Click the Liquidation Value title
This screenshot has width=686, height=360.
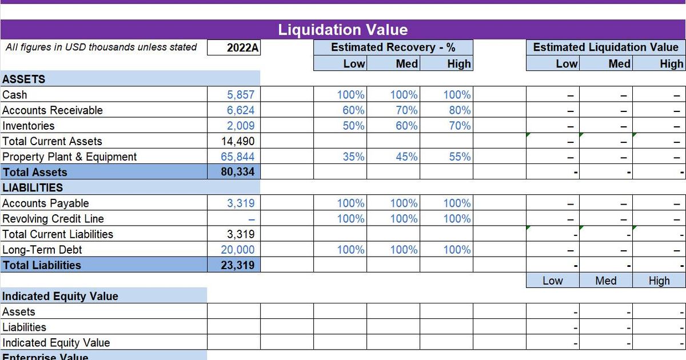(x=343, y=30)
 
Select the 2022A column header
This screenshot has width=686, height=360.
(x=242, y=48)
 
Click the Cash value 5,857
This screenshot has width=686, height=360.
(x=241, y=95)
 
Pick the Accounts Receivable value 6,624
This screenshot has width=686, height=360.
(x=241, y=110)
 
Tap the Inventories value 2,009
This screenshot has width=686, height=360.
(x=241, y=126)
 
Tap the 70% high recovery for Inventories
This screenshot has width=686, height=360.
(x=460, y=126)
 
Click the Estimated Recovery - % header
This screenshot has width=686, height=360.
(x=393, y=47)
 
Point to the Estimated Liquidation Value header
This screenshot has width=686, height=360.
(x=605, y=47)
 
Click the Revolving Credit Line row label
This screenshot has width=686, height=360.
(x=53, y=219)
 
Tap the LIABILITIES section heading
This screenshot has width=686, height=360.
(x=33, y=187)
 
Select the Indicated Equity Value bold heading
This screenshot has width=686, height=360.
(x=60, y=296)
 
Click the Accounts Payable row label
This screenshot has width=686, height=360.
(x=46, y=203)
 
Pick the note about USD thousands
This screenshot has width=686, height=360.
(x=101, y=47)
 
